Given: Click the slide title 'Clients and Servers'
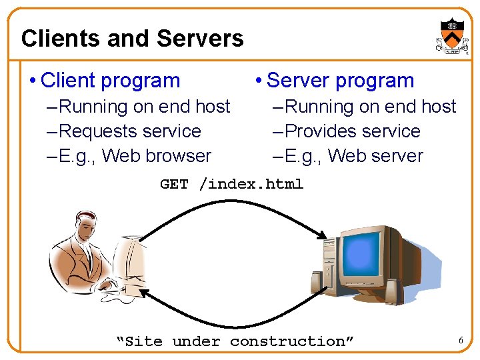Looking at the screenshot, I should (x=132, y=39).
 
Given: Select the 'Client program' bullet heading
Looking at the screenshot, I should (x=110, y=81).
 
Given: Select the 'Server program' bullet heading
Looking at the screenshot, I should (x=340, y=81).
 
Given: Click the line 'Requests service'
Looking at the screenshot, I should (x=129, y=131).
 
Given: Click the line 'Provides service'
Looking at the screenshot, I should (x=353, y=131).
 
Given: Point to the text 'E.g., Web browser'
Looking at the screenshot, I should (x=135, y=156).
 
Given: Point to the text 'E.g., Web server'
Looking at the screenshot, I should (x=354, y=156).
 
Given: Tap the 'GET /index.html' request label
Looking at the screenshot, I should (x=231, y=185).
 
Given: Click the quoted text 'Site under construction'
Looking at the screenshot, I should (x=235, y=341).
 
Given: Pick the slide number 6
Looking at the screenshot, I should (x=460, y=341).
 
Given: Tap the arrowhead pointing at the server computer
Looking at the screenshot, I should (x=323, y=235).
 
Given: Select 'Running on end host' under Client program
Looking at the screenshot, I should (x=144, y=107).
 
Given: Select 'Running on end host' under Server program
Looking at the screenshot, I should (x=370, y=107).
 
